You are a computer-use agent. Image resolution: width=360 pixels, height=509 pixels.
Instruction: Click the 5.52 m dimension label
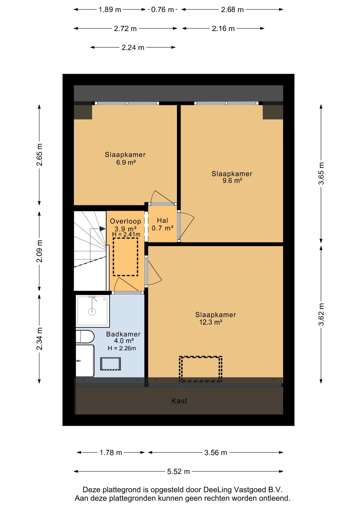coord(178,472)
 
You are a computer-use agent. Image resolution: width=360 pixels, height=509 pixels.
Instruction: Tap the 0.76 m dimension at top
coord(162,10)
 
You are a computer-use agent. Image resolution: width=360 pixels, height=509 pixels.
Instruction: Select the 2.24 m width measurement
coord(133,48)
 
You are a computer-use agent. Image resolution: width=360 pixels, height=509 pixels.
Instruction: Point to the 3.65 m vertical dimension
coord(321,173)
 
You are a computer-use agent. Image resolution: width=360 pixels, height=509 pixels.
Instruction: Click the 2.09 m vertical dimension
coord(39,251)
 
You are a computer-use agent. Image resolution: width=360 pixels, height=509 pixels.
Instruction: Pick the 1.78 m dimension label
coord(111,453)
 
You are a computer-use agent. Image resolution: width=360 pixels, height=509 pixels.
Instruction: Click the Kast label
coord(179,401)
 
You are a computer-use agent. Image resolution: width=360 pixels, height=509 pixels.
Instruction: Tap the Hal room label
coord(163,221)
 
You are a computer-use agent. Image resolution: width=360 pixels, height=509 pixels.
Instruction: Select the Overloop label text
coord(125,221)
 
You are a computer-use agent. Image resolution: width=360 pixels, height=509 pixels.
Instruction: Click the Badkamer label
coord(123,334)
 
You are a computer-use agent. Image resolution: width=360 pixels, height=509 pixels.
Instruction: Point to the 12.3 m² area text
coord(211,322)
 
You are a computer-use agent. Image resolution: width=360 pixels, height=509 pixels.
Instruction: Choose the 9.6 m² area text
coord(232,181)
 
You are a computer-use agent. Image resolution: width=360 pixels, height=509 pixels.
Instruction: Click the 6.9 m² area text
coord(126,162)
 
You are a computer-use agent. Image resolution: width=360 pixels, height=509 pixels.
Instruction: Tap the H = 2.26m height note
coord(122,348)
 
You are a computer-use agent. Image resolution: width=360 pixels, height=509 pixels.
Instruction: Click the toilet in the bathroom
coord(85,337)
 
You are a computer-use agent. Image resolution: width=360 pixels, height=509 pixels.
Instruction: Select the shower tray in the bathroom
coord(93,311)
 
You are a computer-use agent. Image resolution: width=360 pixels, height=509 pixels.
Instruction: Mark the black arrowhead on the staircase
coord(103,229)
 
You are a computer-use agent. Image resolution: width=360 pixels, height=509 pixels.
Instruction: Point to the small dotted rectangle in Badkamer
coord(111,364)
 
